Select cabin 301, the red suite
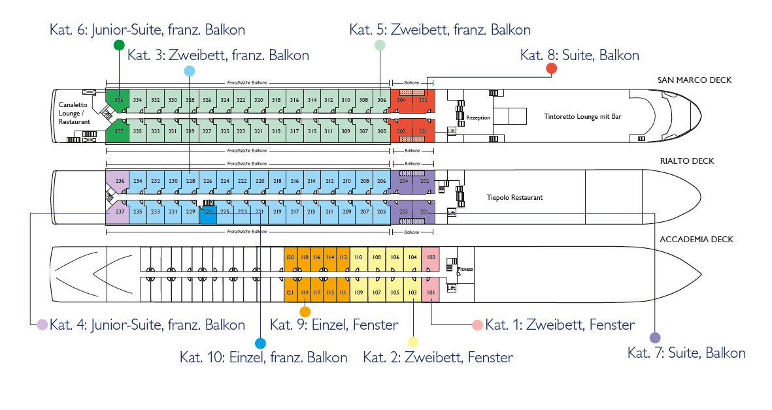point(423,131)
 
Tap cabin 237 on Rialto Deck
point(119,212)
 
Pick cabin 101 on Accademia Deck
point(431,292)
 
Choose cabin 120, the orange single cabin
point(290,257)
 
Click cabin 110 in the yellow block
point(358,257)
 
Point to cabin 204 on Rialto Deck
point(404,181)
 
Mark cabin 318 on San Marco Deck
point(277,100)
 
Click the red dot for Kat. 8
point(551,69)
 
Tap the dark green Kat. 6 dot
point(118,45)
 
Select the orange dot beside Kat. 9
point(305,311)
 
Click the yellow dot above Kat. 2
point(412,341)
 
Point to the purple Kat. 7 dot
point(655,338)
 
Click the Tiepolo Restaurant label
point(515,197)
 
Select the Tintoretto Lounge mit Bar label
point(582,116)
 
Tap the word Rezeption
point(478,118)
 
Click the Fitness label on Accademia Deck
point(465,269)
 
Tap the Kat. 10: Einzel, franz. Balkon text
point(263,357)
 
